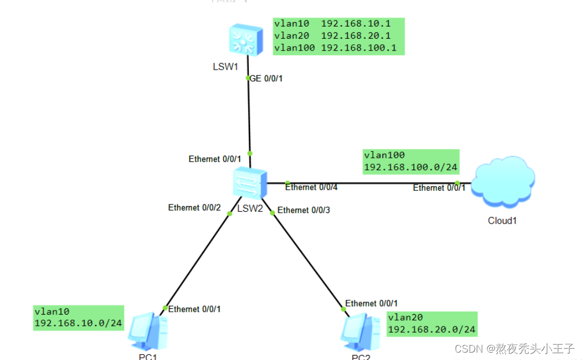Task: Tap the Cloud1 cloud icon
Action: (x=503, y=182)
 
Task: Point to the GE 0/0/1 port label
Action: (x=266, y=78)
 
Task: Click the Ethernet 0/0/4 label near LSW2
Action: (x=311, y=187)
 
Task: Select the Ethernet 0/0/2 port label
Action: (x=194, y=208)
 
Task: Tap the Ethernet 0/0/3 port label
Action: (x=303, y=210)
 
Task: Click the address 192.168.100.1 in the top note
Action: (x=359, y=48)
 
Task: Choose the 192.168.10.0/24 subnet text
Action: (x=78, y=324)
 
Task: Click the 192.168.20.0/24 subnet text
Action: (x=431, y=329)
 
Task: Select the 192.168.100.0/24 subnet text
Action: (x=411, y=168)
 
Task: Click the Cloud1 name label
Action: (x=502, y=220)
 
